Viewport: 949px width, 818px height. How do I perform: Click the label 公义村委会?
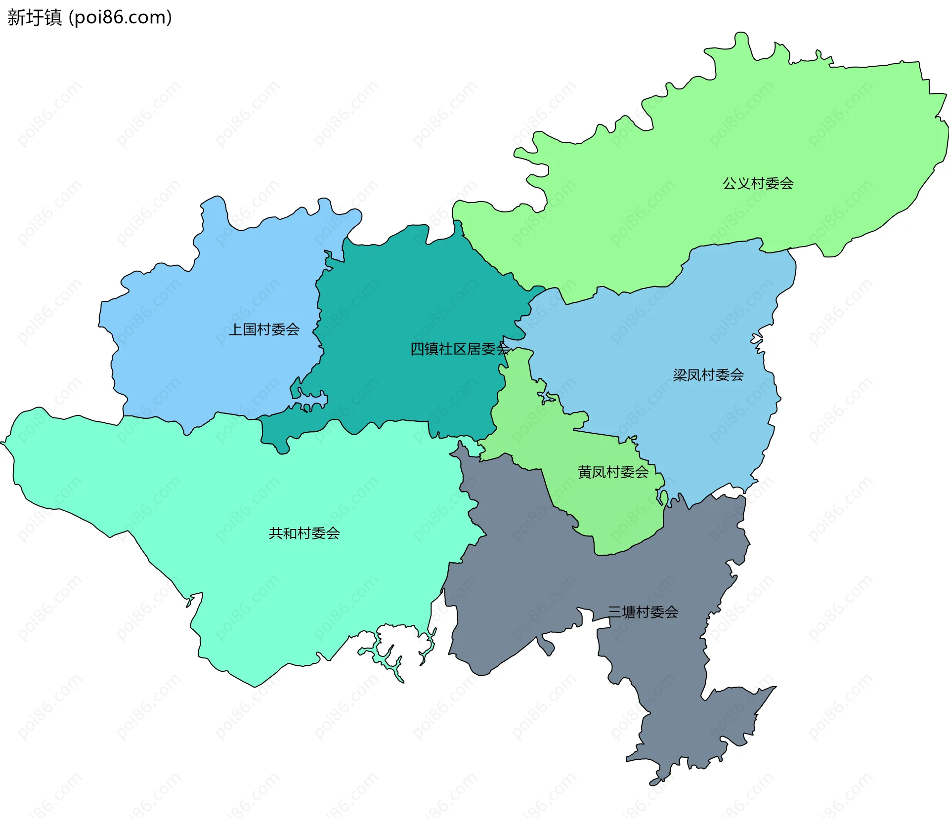point(758,184)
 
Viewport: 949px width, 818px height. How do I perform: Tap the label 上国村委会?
point(264,329)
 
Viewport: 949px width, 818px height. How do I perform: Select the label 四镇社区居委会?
point(460,349)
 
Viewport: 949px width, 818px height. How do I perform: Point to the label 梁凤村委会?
point(708,375)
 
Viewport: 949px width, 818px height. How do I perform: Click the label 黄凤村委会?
point(613,472)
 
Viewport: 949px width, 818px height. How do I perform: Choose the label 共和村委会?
point(304,533)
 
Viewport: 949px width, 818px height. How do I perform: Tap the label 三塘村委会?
point(643,613)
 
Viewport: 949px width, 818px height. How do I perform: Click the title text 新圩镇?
point(35,18)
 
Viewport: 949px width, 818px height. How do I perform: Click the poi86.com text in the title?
point(120,18)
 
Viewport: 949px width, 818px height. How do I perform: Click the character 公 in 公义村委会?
point(730,184)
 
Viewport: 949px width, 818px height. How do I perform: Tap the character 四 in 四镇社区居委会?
point(417,349)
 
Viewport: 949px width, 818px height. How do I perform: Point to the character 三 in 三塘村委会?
point(614,613)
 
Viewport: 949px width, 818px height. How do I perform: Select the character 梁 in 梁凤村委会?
point(680,375)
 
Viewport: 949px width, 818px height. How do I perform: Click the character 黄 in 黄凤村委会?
point(585,472)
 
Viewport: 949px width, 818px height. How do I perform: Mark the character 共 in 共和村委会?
point(276,533)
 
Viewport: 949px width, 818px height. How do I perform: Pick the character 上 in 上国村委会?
point(236,329)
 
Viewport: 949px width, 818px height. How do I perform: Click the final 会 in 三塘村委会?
point(671,613)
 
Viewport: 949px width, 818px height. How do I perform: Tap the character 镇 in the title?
point(53,18)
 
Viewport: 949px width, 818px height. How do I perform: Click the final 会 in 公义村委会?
point(786,184)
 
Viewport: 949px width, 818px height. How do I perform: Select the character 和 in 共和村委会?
point(290,533)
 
